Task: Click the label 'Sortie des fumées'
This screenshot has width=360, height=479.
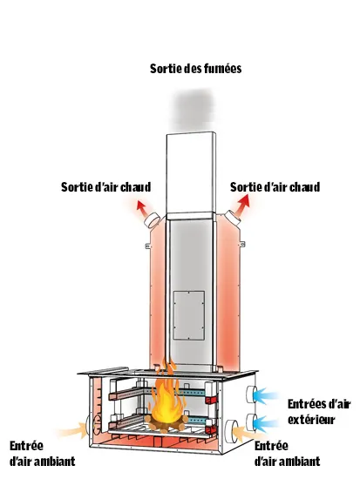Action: point(195,69)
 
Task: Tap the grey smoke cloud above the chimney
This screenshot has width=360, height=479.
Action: point(193,110)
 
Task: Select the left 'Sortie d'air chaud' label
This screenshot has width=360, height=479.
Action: point(105,187)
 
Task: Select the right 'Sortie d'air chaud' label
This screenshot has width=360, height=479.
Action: point(275,187)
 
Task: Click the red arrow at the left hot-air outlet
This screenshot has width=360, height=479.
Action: point(141,208)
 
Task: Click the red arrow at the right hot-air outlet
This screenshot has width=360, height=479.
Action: point(243,205)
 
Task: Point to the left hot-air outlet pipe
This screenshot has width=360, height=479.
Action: point(152,220)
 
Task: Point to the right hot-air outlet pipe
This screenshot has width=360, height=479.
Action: point(233,218)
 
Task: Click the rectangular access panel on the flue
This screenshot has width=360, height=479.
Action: point(189,315)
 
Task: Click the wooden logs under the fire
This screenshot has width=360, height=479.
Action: point(166,424)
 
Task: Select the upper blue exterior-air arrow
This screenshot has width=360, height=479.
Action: point(266,395)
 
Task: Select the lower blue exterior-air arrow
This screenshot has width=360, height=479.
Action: point(266,423)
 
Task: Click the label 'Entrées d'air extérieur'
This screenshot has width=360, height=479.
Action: point(319,412)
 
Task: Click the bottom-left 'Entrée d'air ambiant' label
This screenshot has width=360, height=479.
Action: point(42,454)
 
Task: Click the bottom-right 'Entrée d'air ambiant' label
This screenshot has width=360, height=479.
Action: point(287,454)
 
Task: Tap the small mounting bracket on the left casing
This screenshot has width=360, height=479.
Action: point(147,246)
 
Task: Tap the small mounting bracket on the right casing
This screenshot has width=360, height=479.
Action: point(242,244)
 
